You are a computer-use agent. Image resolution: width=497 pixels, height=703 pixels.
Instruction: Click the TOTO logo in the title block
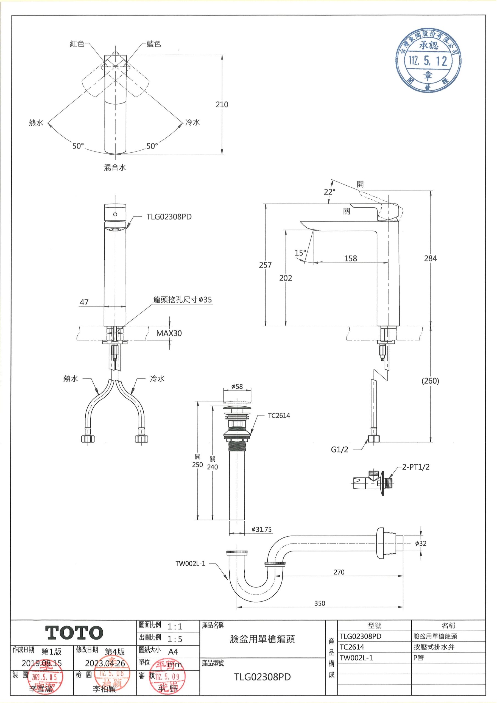74,633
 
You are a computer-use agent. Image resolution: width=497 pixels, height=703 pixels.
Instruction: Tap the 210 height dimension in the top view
222,105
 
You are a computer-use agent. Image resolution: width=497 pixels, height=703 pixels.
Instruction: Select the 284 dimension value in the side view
430,258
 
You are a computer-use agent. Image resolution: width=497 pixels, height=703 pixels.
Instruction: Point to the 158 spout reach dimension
350,258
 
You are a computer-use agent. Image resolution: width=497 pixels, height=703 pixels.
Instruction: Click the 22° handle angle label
330,192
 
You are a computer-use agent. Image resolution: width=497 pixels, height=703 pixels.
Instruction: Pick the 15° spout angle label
300,253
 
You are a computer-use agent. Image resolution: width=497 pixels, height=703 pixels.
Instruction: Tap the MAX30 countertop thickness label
169,333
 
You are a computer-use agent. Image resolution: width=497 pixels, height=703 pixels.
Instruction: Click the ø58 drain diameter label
237,386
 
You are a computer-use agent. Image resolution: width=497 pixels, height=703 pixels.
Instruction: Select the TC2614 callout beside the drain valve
279,415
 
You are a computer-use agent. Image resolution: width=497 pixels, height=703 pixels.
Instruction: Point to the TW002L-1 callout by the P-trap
190,564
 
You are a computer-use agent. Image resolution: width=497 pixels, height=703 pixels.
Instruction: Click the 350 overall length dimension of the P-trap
320,603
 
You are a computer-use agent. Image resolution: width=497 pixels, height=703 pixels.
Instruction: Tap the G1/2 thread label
340,450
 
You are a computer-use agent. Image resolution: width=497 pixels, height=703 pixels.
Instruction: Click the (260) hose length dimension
430,381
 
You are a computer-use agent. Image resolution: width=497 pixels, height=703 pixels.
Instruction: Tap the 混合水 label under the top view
115,168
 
